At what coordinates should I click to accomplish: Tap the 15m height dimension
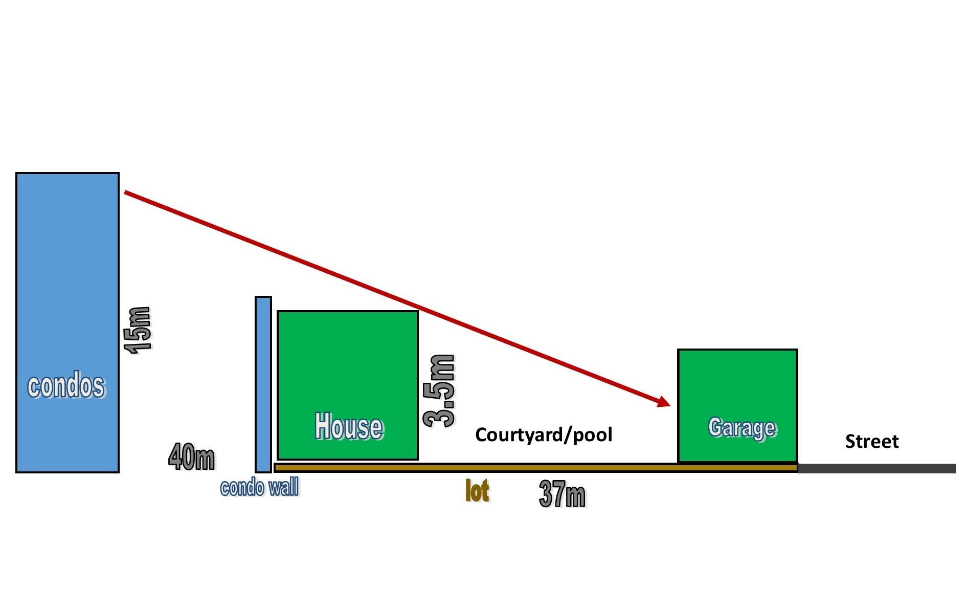pos(138,330)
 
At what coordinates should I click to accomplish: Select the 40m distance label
pos(192,457)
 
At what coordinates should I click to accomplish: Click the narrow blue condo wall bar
pos(263,384)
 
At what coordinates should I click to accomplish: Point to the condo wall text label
pos(260,488)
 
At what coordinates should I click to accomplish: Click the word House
pos(349,426)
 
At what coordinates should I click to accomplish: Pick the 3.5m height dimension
pos(439,391)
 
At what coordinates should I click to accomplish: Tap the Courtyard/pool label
pos(544,435)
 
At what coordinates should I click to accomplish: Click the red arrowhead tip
pos(669,406)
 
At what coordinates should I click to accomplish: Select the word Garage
pos(742,427)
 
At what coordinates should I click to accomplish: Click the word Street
pos(872,441)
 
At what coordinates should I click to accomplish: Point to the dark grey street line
pos(877,468)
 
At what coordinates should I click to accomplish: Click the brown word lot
pos(477,491)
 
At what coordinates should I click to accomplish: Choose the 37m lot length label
pos(563,494)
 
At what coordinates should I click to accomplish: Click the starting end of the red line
pos(125,192)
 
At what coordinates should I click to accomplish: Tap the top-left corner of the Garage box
pos(679,350)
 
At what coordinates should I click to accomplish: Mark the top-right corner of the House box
pos(418,311)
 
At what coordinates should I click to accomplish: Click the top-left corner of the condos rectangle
pos(17,173)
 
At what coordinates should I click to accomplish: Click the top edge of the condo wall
pos(263,297)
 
